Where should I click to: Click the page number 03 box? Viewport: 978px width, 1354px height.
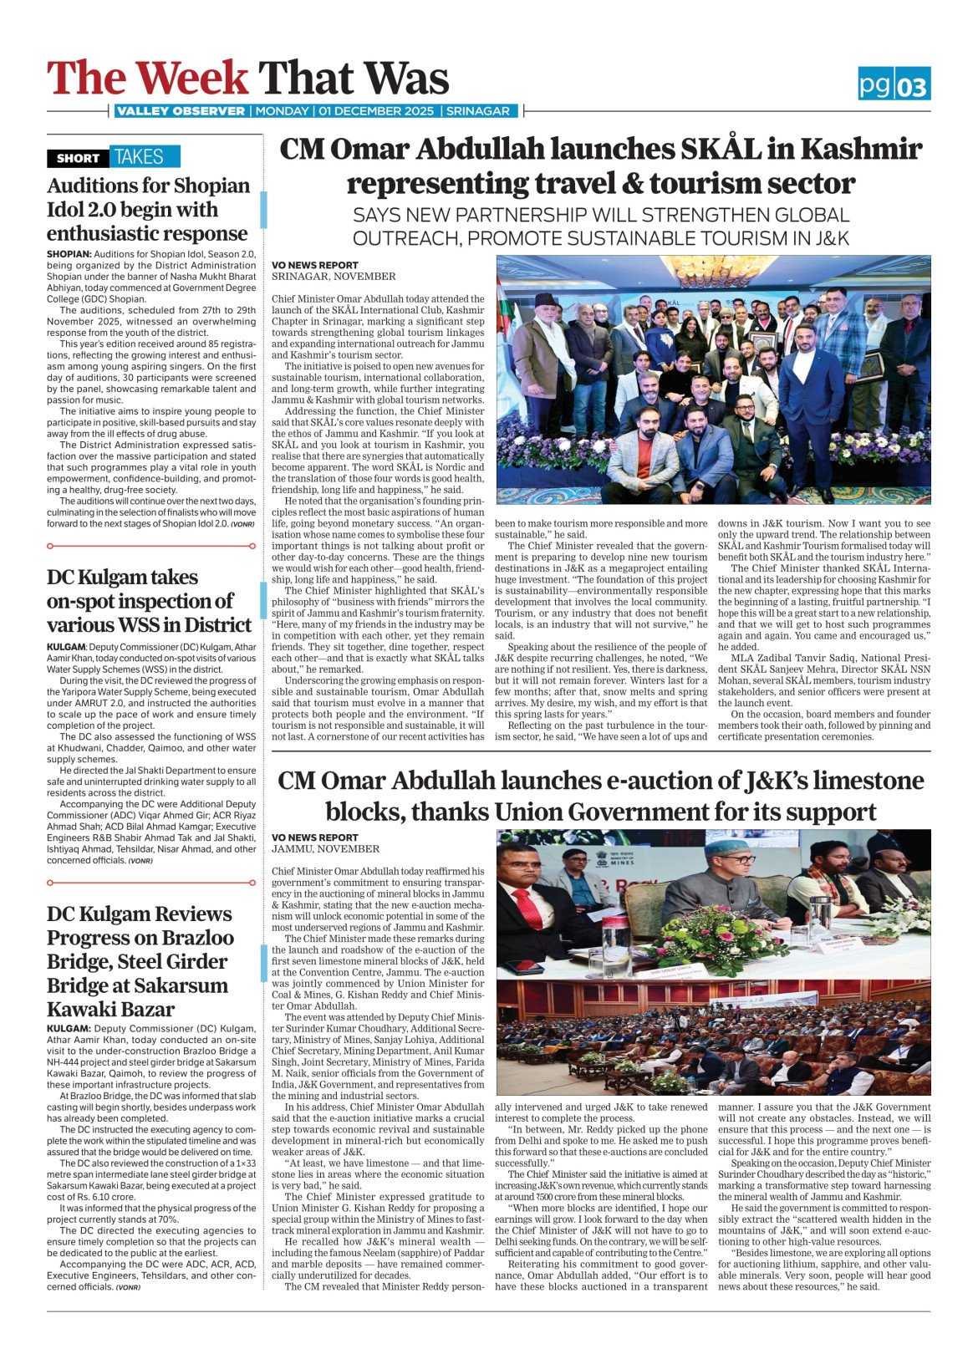click(x=912, y=85)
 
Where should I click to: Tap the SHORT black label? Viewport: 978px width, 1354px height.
click(x=78, y=158)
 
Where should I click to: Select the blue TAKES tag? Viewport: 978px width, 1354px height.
click(x=139, y=157)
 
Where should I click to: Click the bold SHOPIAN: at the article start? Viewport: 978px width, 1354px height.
click(x=69, y=254)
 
